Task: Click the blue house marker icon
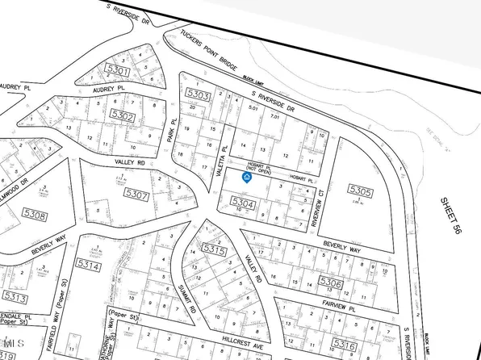247,178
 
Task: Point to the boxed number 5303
198,96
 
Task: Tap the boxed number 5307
137,194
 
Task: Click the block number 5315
214,251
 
